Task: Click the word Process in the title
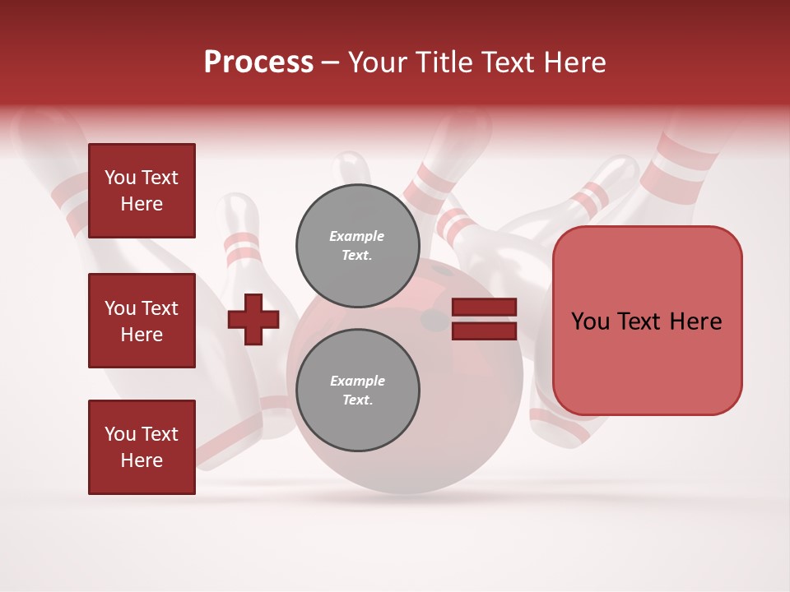258,62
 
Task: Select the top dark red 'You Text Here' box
142,191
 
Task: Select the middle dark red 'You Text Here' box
142,321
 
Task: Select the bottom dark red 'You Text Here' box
142,446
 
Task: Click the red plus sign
253,318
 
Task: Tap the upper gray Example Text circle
357,245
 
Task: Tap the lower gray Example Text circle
357,390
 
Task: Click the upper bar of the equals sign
484,308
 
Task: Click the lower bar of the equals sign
484,331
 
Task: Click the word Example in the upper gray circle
357,236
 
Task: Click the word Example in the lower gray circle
357,381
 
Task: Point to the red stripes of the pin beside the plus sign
242,244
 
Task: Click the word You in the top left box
120,178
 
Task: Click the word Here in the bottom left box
142,460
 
